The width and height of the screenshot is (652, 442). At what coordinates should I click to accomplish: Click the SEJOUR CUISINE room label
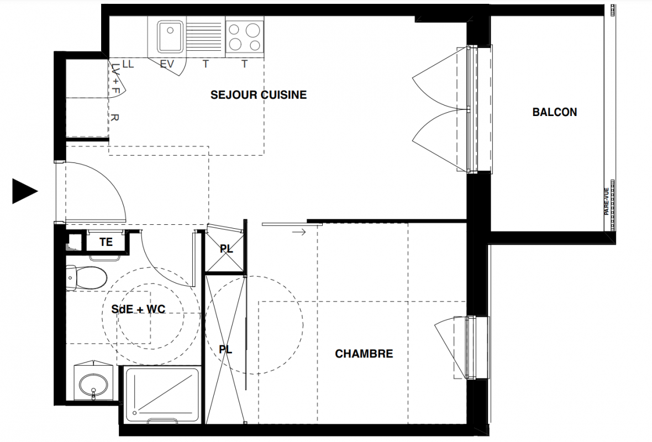[x=259, y=95]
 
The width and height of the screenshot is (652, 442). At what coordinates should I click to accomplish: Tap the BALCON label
[x=555, y=112]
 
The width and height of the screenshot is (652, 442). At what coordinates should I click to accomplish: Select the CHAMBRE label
[x=364, y=354]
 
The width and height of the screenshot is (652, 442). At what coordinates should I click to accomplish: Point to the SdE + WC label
[x=139, y=309]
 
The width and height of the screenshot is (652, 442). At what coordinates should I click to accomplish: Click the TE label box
[x=106, y=241]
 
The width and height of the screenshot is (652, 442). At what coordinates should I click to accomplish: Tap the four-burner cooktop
[x=244, y=37]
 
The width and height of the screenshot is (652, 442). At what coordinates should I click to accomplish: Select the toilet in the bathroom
[x=87, y=278]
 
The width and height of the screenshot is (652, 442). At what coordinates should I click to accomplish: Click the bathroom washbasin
[x=93, y=382]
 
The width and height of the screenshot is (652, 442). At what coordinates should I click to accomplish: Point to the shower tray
[x=162, y=394]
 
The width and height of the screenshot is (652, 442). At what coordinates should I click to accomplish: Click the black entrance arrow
[x=25, y=191]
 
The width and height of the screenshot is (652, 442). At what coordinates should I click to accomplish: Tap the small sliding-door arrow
[x=299, y=232]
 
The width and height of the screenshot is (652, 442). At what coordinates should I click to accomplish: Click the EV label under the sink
[x=167, y=65]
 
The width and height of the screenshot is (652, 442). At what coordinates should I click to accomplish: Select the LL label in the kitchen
[x=128, y=65]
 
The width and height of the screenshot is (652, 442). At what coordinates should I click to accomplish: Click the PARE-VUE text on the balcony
[x=607, y=201]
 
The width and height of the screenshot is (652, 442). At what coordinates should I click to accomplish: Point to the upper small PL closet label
[x=227, y=249]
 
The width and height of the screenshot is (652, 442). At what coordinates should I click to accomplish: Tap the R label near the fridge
[x=115, y=118]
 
